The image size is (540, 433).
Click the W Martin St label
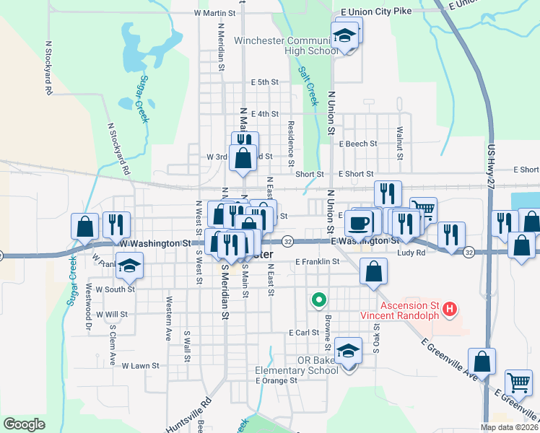[x=215, y=13]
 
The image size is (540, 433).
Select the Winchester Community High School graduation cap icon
[x=346, y=36]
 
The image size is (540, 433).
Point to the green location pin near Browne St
[x=318, y=299]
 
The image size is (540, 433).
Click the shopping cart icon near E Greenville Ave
[x=518, y=382]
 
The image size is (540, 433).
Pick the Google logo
[x=24, y=424]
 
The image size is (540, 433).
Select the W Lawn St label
[x=140, y=366]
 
